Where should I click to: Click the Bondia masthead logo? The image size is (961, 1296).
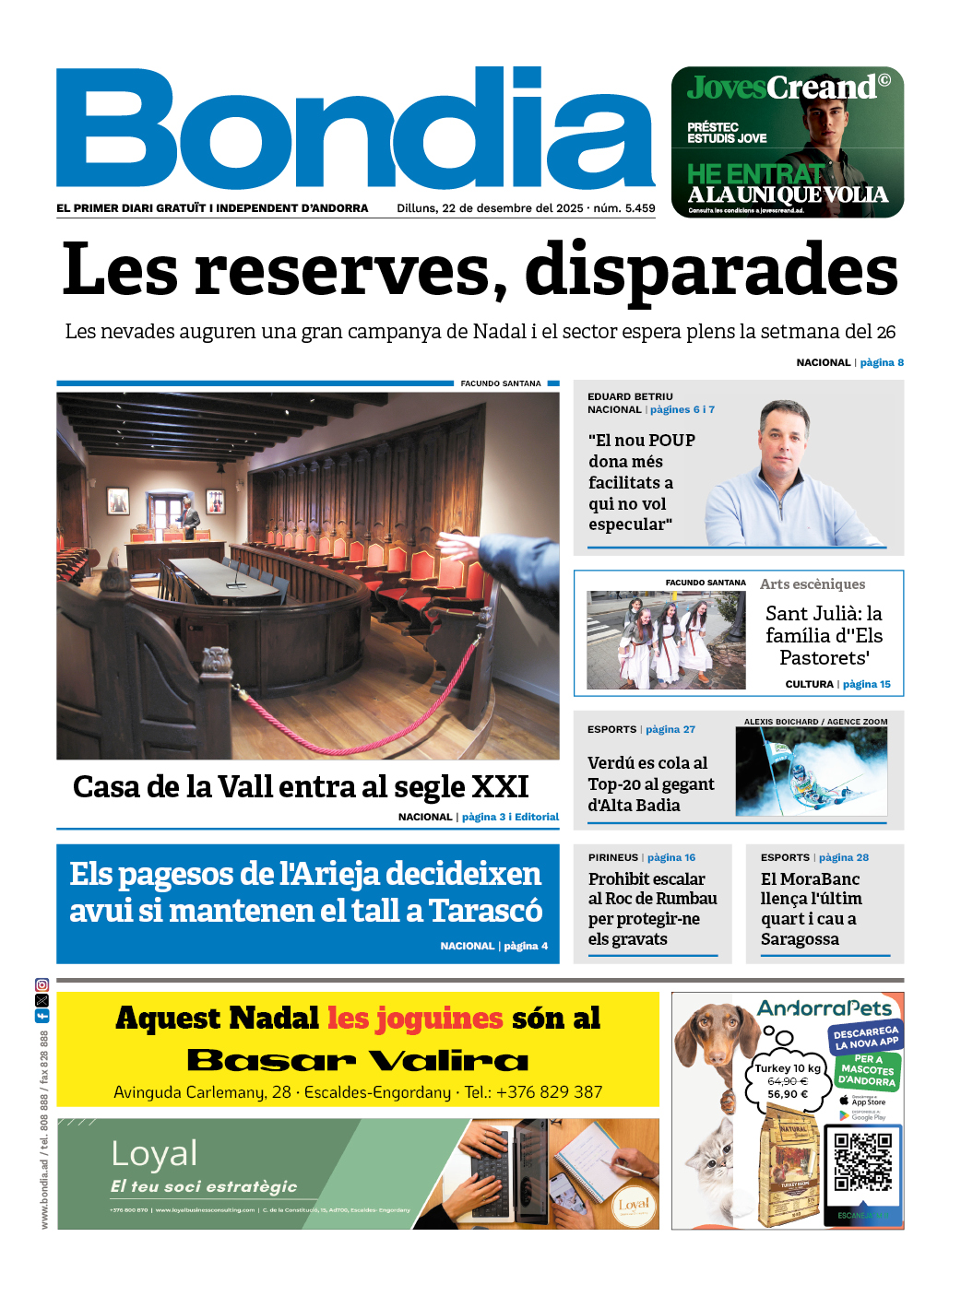click(355, 129)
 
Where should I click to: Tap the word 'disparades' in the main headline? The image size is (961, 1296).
click(710, 270)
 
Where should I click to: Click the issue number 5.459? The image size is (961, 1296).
click(639, 208)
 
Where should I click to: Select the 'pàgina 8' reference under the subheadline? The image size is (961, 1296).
click(882, 362)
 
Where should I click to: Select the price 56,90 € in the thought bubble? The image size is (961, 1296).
click(787, 1094)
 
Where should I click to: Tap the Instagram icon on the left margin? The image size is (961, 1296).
click(42, 985)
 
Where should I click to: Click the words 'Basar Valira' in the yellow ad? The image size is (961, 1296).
click(358, 1060)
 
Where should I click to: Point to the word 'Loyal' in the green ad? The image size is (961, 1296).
click(154, 1153)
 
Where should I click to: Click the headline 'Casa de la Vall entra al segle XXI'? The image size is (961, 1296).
click(301, 786)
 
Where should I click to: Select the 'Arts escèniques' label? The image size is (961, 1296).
click(812, 584)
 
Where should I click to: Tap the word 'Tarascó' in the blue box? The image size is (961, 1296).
click(485, 911)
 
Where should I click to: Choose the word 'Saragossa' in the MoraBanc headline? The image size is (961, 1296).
click(800, 939)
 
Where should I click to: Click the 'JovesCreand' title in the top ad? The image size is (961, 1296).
click(781, 88)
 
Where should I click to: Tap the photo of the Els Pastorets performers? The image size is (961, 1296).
click(666, 641)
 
